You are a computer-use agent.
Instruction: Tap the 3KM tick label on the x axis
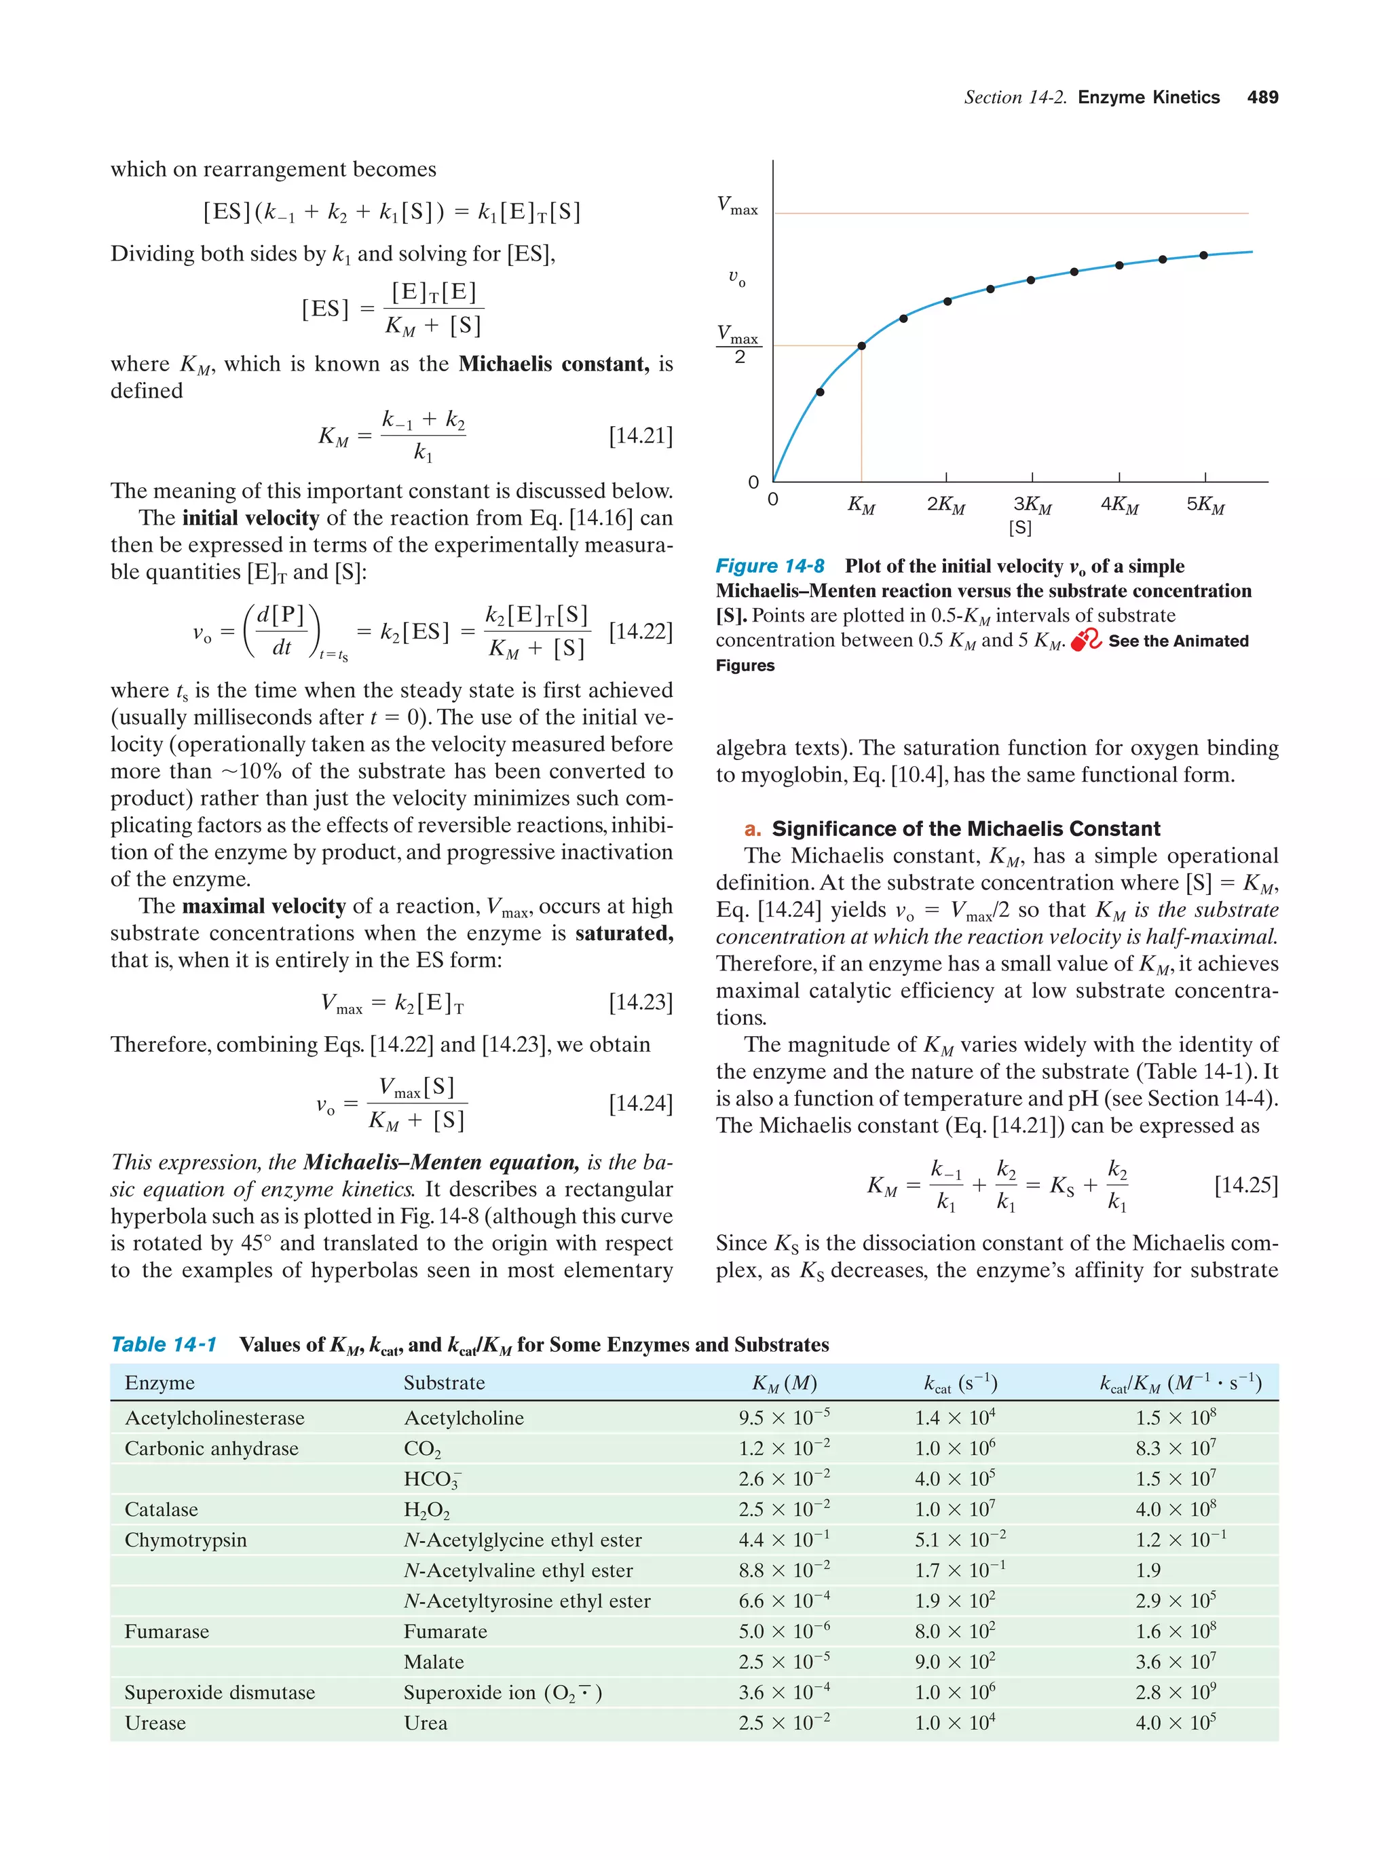click(x=1032, y=504)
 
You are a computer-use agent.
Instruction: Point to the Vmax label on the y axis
click(x=736, y=205)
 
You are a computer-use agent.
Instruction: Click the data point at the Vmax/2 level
click(x=861, y=345)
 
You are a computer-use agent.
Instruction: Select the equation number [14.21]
click(x=640, y=436)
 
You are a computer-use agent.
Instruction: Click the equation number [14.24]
click(x=640, y=1103)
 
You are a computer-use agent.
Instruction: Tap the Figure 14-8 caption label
click(x=770, y=566)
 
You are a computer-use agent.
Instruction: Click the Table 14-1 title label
click(x=164, y=1344)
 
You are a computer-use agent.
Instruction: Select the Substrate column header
click(x=443, y=1383)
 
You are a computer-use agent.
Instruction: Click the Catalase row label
click(x=161, y=1509)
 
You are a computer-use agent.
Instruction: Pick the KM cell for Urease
click(x=784, y=1723)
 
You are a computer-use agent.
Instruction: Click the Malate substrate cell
click(x=433, y=1662)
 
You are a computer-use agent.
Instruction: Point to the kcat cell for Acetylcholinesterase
click(x=954, y=1418)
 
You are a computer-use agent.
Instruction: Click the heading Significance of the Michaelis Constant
click(x=965, y=829)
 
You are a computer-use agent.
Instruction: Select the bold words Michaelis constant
click(x=553, y=364)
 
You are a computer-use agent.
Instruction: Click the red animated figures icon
click(x=1085, y=640)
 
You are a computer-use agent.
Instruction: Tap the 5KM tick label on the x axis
click(x=1205, y=504)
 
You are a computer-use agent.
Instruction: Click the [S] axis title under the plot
click(x=1019, y=528)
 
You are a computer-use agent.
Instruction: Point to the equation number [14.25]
click(x=1245, y=1185)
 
